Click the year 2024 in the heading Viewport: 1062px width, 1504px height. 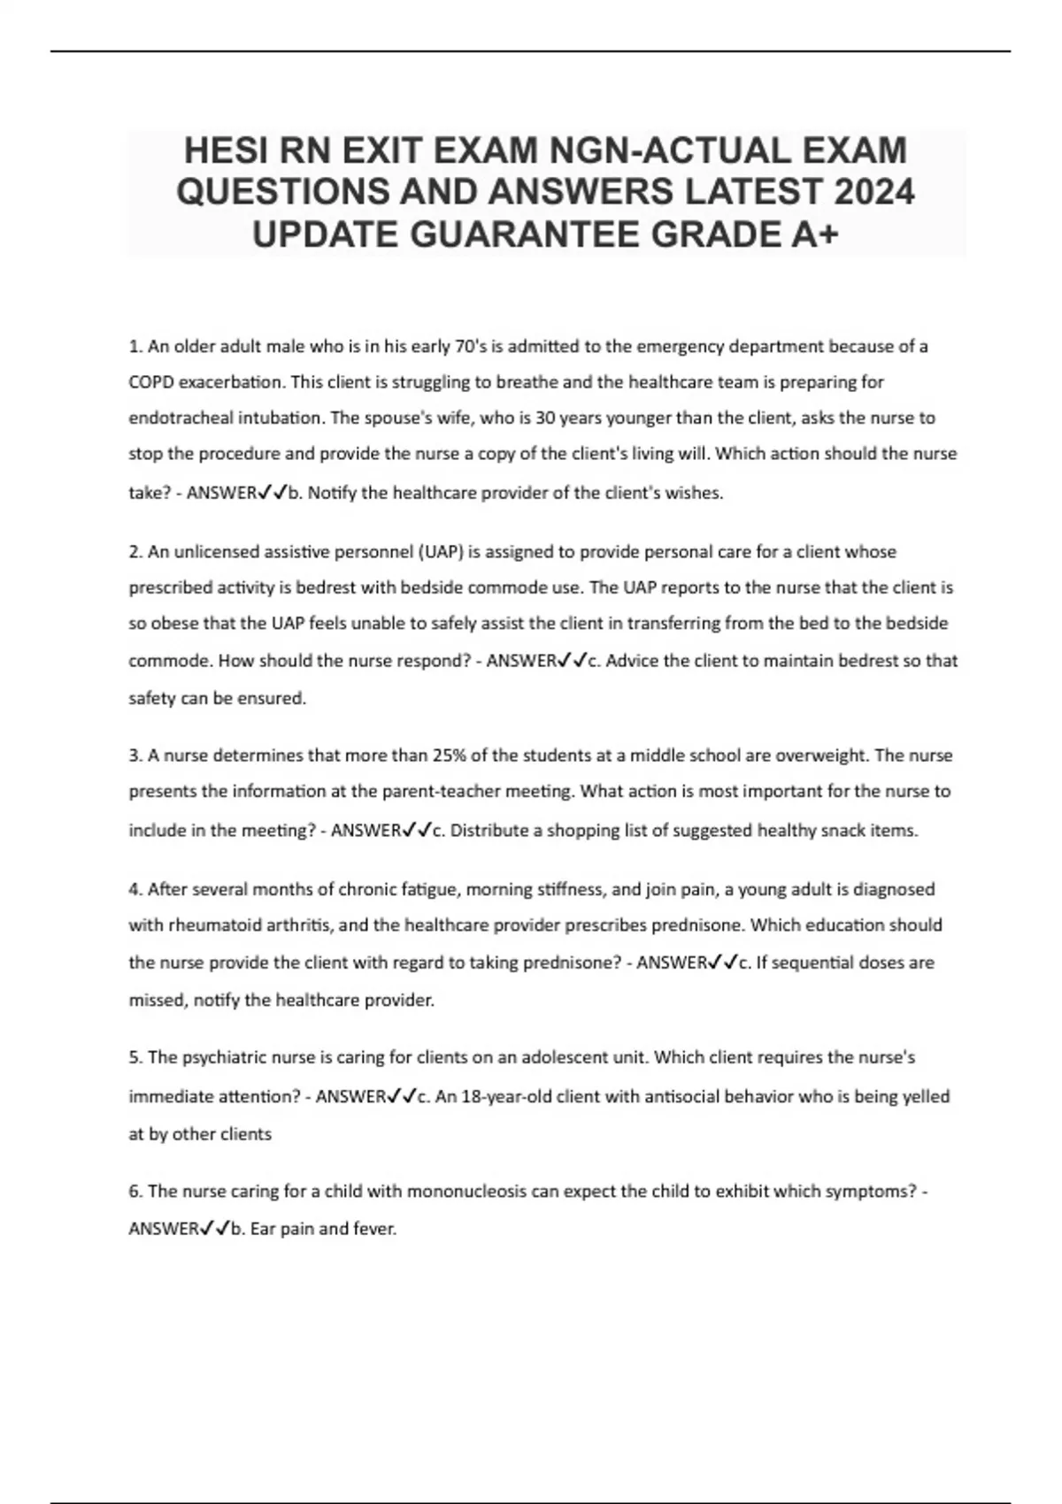click(x=870, y=193)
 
